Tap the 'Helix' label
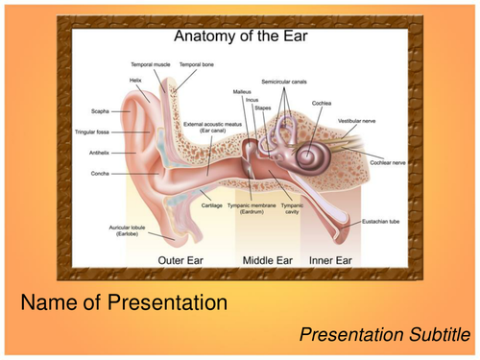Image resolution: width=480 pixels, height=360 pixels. coord(136,80)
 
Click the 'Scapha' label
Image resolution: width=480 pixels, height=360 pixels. coord(101,110)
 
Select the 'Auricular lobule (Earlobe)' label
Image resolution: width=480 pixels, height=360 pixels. coord(128,230)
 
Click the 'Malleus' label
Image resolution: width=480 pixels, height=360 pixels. coord(242,90)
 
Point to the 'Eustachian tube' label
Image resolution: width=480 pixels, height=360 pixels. coord(382,221)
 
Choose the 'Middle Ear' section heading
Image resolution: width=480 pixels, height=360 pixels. coord(268,260)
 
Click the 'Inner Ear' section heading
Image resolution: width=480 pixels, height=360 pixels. coord(330,260)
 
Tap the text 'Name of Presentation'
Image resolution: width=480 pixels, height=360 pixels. coord(124,303)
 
